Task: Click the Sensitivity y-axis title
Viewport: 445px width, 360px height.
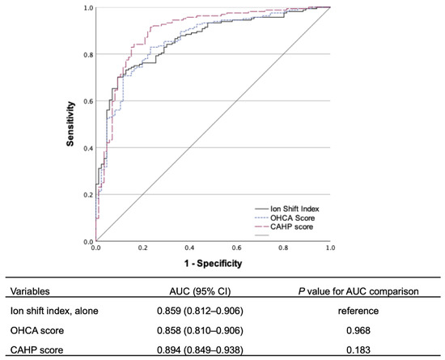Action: (x=70, y=124)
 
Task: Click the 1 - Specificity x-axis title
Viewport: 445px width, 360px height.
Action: (x=213, y=263)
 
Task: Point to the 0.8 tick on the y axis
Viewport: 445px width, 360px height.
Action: (x=87, y=54)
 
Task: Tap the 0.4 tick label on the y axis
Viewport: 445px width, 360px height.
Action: (x=87, y=148)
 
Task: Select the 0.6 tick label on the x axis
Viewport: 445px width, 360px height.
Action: (x=236, y=248)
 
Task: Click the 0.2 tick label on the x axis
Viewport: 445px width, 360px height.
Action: (x=142, y=248)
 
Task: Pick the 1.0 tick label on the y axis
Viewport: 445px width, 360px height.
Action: (x=87, y=8)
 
